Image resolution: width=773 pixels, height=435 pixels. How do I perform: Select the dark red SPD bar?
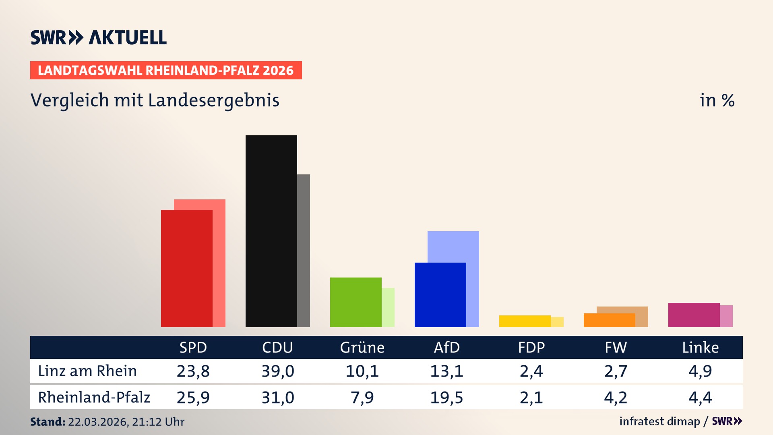pyautogui.click(x=186, y=268)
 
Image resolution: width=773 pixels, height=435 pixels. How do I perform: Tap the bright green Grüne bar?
pyautogui.click(x=355, y=302)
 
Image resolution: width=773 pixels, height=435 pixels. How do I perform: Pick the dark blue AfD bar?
pyautogui.click(x=440, y=295)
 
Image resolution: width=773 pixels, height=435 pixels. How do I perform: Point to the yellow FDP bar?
pyautogui.click(x=525, y=321)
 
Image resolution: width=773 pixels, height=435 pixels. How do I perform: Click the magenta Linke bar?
pyautogui.click(x=694, y=315)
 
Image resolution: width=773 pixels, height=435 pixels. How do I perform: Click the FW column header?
pyautogui.click(x=616, y=347)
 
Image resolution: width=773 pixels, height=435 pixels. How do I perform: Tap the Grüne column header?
pyautogui.click(x=362, y=347)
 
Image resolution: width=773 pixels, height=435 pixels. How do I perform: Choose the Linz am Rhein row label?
pyautogui.click(x=87, y=371)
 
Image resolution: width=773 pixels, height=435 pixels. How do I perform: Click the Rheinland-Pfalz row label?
pyautogui.click(x=94, y=397)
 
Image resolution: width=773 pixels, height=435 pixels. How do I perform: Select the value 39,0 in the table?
pyautogui.click(x=278, y=371)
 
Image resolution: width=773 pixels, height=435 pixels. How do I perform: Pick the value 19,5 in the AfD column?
pyautogui.click(x=446, y=398)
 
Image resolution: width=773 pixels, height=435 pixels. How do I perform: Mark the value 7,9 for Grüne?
pyautogui.click(x=362, y=398)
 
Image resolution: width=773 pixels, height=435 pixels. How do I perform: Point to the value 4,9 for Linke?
pyautogui.click(x=700, y=371)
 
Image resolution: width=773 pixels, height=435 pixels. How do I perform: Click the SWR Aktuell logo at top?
pyautogui.click(x=99, y=37)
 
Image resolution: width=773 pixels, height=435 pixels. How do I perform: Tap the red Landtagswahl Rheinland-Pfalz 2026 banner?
pyautogui.click(x=166, y=70)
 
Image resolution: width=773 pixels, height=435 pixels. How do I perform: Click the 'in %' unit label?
pyautogui.click(x=717, y=100)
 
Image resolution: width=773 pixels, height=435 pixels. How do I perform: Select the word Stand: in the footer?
pyautogui.click(x=48, y=422)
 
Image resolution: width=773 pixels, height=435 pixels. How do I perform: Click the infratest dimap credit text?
pyautogui.click(x=659, y=421)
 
